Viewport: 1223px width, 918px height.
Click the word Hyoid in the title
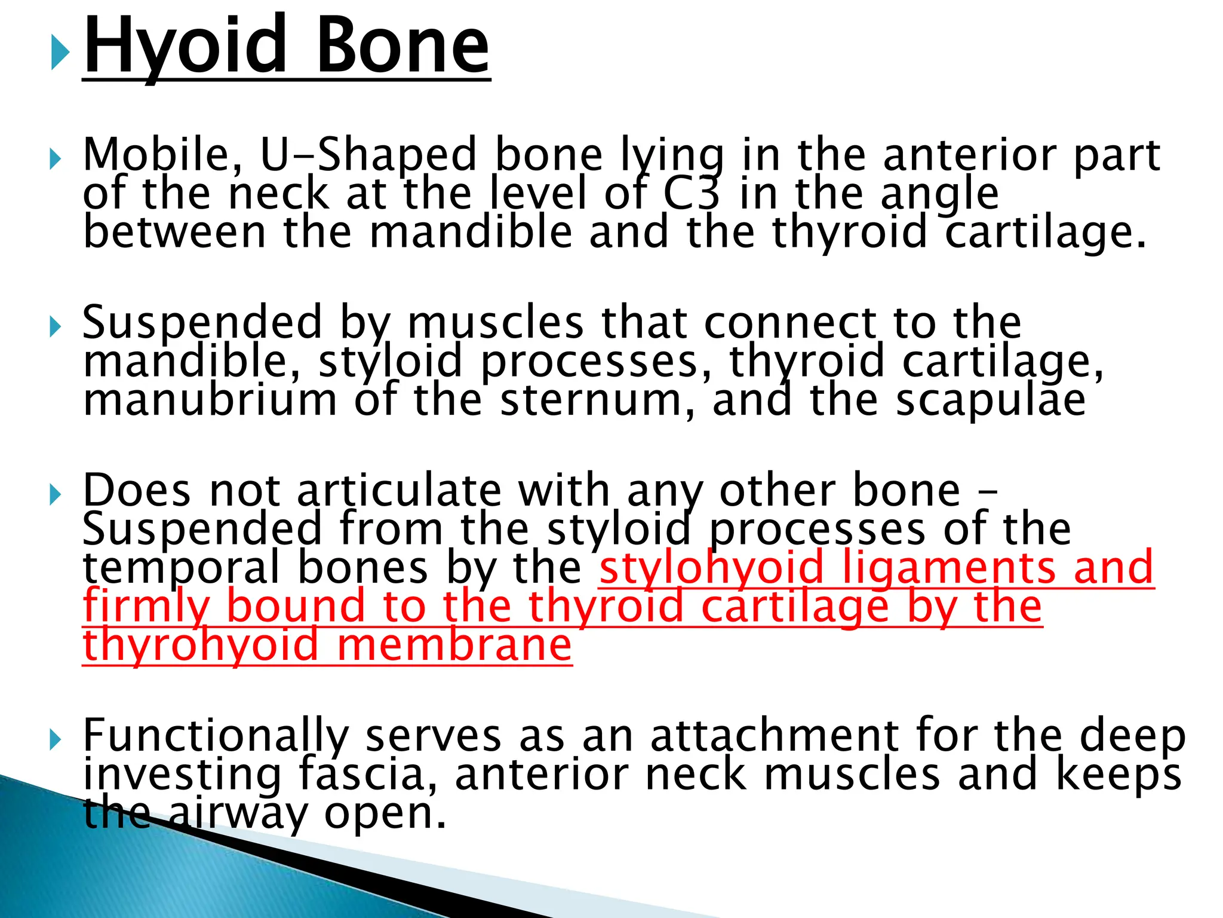(x=184, y=47)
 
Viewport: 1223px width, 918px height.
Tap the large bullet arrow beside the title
(x=60, y=52)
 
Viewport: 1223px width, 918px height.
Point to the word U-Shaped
(x=368, y=155)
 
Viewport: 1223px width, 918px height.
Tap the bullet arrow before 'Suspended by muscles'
(x=55, y=327)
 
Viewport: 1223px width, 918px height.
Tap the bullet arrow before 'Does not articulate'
(x=55, y=494)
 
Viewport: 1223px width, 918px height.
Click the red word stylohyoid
(x=711, y=568)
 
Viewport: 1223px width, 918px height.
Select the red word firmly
(x=146, y=607)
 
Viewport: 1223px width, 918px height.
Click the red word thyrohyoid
(x=201, y=645)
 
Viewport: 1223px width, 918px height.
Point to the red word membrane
(x=454, y=645)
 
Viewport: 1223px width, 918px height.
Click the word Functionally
(x=215, y=736)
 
